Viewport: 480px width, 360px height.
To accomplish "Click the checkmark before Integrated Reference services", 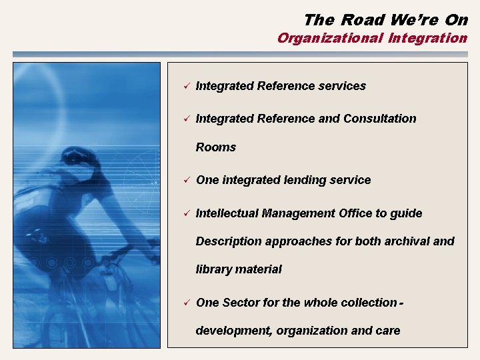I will (187, 86).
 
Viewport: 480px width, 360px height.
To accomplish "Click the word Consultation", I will (379, 119).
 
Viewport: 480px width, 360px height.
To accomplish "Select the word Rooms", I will (215, 147).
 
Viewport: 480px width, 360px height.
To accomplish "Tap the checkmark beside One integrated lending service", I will (187, 180).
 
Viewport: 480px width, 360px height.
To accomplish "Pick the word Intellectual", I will (227, 213).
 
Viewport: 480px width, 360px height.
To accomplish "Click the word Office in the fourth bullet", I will (354, 213).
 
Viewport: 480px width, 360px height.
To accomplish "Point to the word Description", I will (229, 241).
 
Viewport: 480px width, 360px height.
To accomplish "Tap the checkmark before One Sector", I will (187, 303).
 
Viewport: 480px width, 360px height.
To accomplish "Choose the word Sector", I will (241, 303).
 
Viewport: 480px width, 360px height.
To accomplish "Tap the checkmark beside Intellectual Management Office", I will (187, 213).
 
